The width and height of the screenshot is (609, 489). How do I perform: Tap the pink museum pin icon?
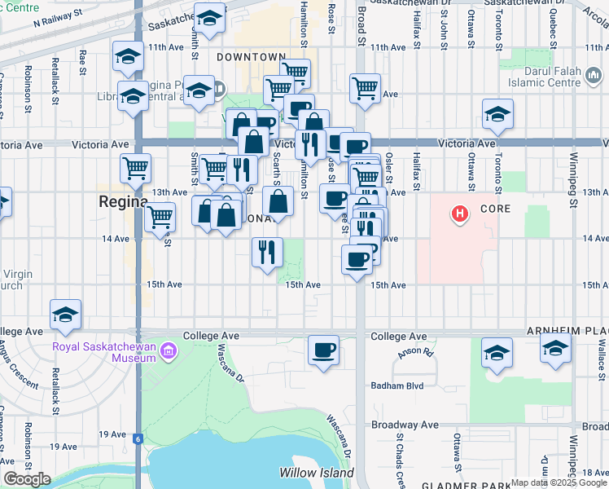pyautogui.click(x=169, y=352)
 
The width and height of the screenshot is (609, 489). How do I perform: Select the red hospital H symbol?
pyautogui.click(x=461, y=215)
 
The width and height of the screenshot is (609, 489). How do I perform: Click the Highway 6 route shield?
pyautogui.click(x=138, y=438)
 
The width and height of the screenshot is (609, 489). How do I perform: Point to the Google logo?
pyautogui.click(x=27, y=479)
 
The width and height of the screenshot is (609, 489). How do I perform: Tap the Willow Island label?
pyautogui.click(x=317, y=473)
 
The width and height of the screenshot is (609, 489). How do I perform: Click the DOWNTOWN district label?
pyautogui.click(x=252, y=57)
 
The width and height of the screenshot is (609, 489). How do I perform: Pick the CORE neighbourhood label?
pyautogui.click(x=495, y=209)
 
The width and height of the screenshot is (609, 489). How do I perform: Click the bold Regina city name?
pyautogui.click(x=123, y=202)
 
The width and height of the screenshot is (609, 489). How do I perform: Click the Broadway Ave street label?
pyautogui.click(x=405, y=425)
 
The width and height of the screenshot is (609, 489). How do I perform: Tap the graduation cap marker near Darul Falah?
pyautogui.click(x=497, y=115)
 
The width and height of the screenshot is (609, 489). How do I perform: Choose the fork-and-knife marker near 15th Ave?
pyautogui.click(x=266, y=253)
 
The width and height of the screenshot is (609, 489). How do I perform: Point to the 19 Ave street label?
pyautogui.click(x=63, y=447)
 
